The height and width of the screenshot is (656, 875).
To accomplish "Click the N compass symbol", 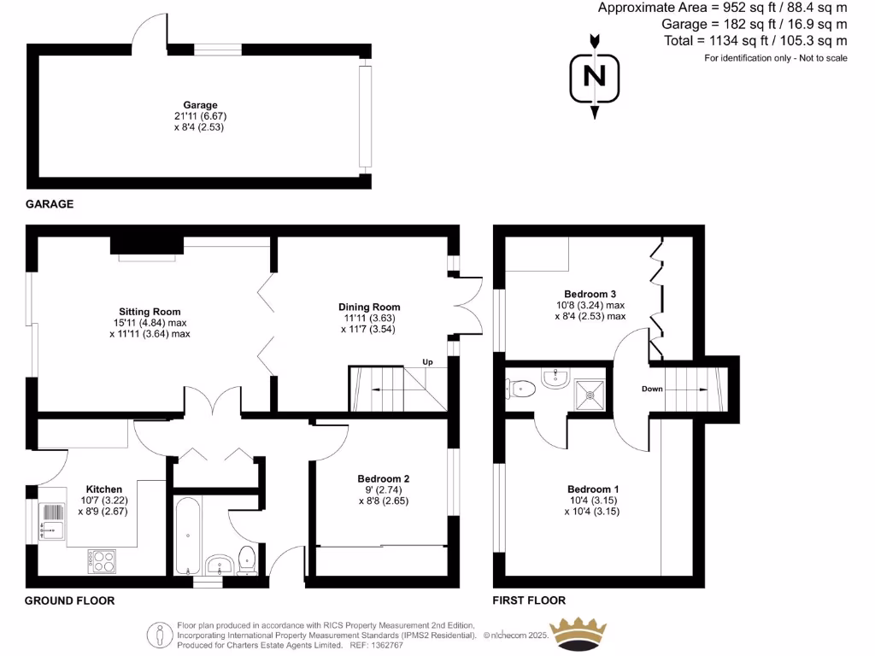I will [594, 76].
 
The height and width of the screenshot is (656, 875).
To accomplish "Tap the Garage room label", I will [200, 105].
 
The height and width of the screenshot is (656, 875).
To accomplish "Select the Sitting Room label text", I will [150, 312].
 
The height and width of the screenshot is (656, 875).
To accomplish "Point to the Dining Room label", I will [369, 307].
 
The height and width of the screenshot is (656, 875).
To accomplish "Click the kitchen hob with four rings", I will [102, 560].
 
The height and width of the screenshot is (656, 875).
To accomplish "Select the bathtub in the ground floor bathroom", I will [188, 536].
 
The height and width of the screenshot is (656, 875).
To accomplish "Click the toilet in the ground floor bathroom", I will [247, 559].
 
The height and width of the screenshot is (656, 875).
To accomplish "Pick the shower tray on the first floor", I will [590, 391].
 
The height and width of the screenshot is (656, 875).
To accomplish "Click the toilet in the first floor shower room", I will [521, 389].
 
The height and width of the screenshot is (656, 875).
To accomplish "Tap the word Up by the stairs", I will [428, 362].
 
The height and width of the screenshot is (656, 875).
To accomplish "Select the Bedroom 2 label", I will [384, 478].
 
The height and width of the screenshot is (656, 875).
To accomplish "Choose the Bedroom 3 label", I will [590, 294].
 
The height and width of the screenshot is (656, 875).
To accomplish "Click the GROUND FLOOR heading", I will [69, 600].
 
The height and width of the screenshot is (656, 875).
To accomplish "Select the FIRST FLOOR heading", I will [530, 600].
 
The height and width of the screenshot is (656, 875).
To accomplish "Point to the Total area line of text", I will [755, 40].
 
